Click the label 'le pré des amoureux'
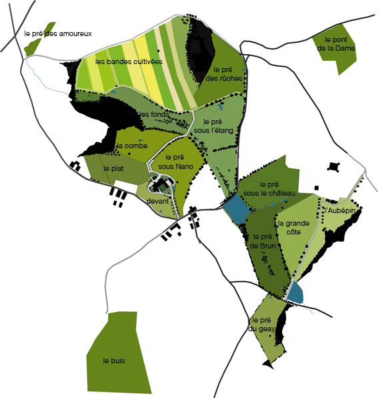pyautogui.click(x=57, y=33)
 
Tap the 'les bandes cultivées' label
pyautogui.click(x=129, y=61)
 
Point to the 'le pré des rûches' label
pyautogui.click(x=227, y=73)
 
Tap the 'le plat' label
pyautogui.click(x=114, y=168)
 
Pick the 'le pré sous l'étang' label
pyautogui.click(x=213, y=126)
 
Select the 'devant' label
pyautogui.click(x=158, y=200)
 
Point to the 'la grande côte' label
pyautogui.click(x=293, y=228)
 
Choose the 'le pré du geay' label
pyautogui.click(x=262, y=324)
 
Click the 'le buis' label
pyautogui.click(x=114, y=361)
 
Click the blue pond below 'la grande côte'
pyautogui.click(x=295, y=292)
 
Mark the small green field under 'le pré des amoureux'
pyautogui.click(x=31, y=47)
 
